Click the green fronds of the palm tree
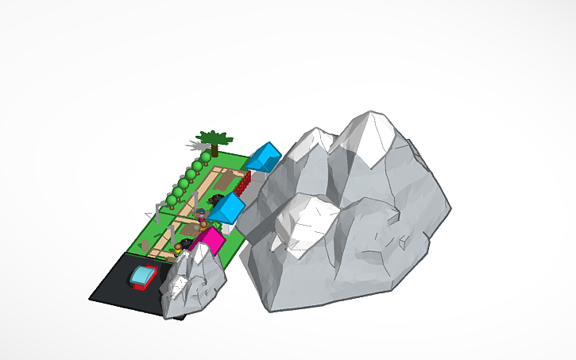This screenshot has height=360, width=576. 211,137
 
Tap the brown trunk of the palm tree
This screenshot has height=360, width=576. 214,149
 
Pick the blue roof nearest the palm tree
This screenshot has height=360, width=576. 265,156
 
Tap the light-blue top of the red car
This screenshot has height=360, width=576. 143,276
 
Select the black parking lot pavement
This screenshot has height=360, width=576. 115,287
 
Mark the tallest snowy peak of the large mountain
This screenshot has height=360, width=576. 370,134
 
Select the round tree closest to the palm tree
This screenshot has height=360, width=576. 206,158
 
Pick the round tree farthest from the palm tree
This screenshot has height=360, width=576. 171,199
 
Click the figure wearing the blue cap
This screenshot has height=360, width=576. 202,213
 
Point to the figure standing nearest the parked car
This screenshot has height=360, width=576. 179,249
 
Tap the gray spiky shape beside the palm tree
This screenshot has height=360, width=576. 195,145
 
